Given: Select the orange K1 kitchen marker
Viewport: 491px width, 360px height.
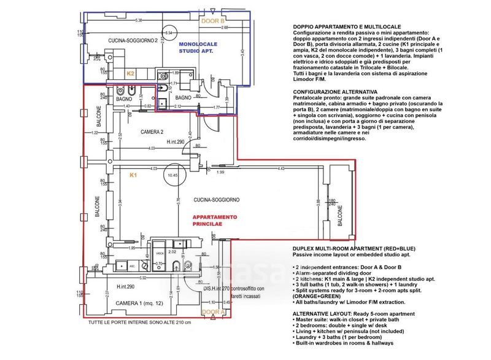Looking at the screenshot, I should pyautogui.click(x=134, y=176).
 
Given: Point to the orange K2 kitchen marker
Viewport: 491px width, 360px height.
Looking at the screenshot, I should pyautogui.click(x=130, y=73).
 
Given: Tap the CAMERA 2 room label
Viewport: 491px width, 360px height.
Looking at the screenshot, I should pyautogui.click(x=152, y=132).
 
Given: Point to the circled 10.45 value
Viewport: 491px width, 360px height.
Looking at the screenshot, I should pyautogui.click(x=172, y=176).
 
